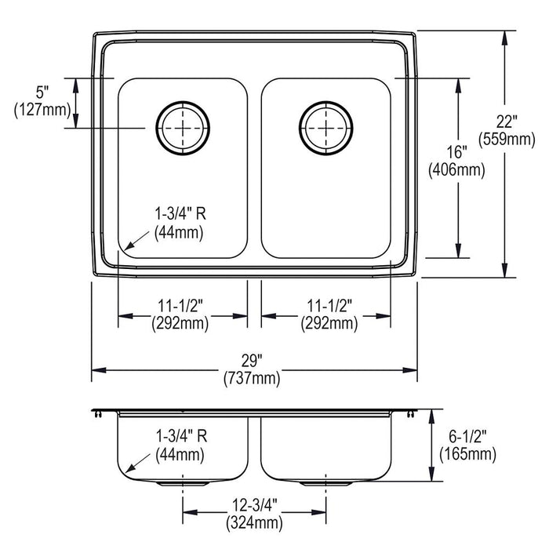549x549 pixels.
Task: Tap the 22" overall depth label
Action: coord(507,122)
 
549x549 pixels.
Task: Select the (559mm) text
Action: coord(507,140)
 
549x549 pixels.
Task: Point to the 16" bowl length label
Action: coord(457,152)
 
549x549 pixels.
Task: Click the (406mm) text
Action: coord(457,170)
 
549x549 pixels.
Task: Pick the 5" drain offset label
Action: coord(42,93)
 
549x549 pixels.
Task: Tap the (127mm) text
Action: coord(42,110)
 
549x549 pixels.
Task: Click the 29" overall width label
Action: coord(252,360)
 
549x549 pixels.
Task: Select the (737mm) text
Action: coord(252,378)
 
